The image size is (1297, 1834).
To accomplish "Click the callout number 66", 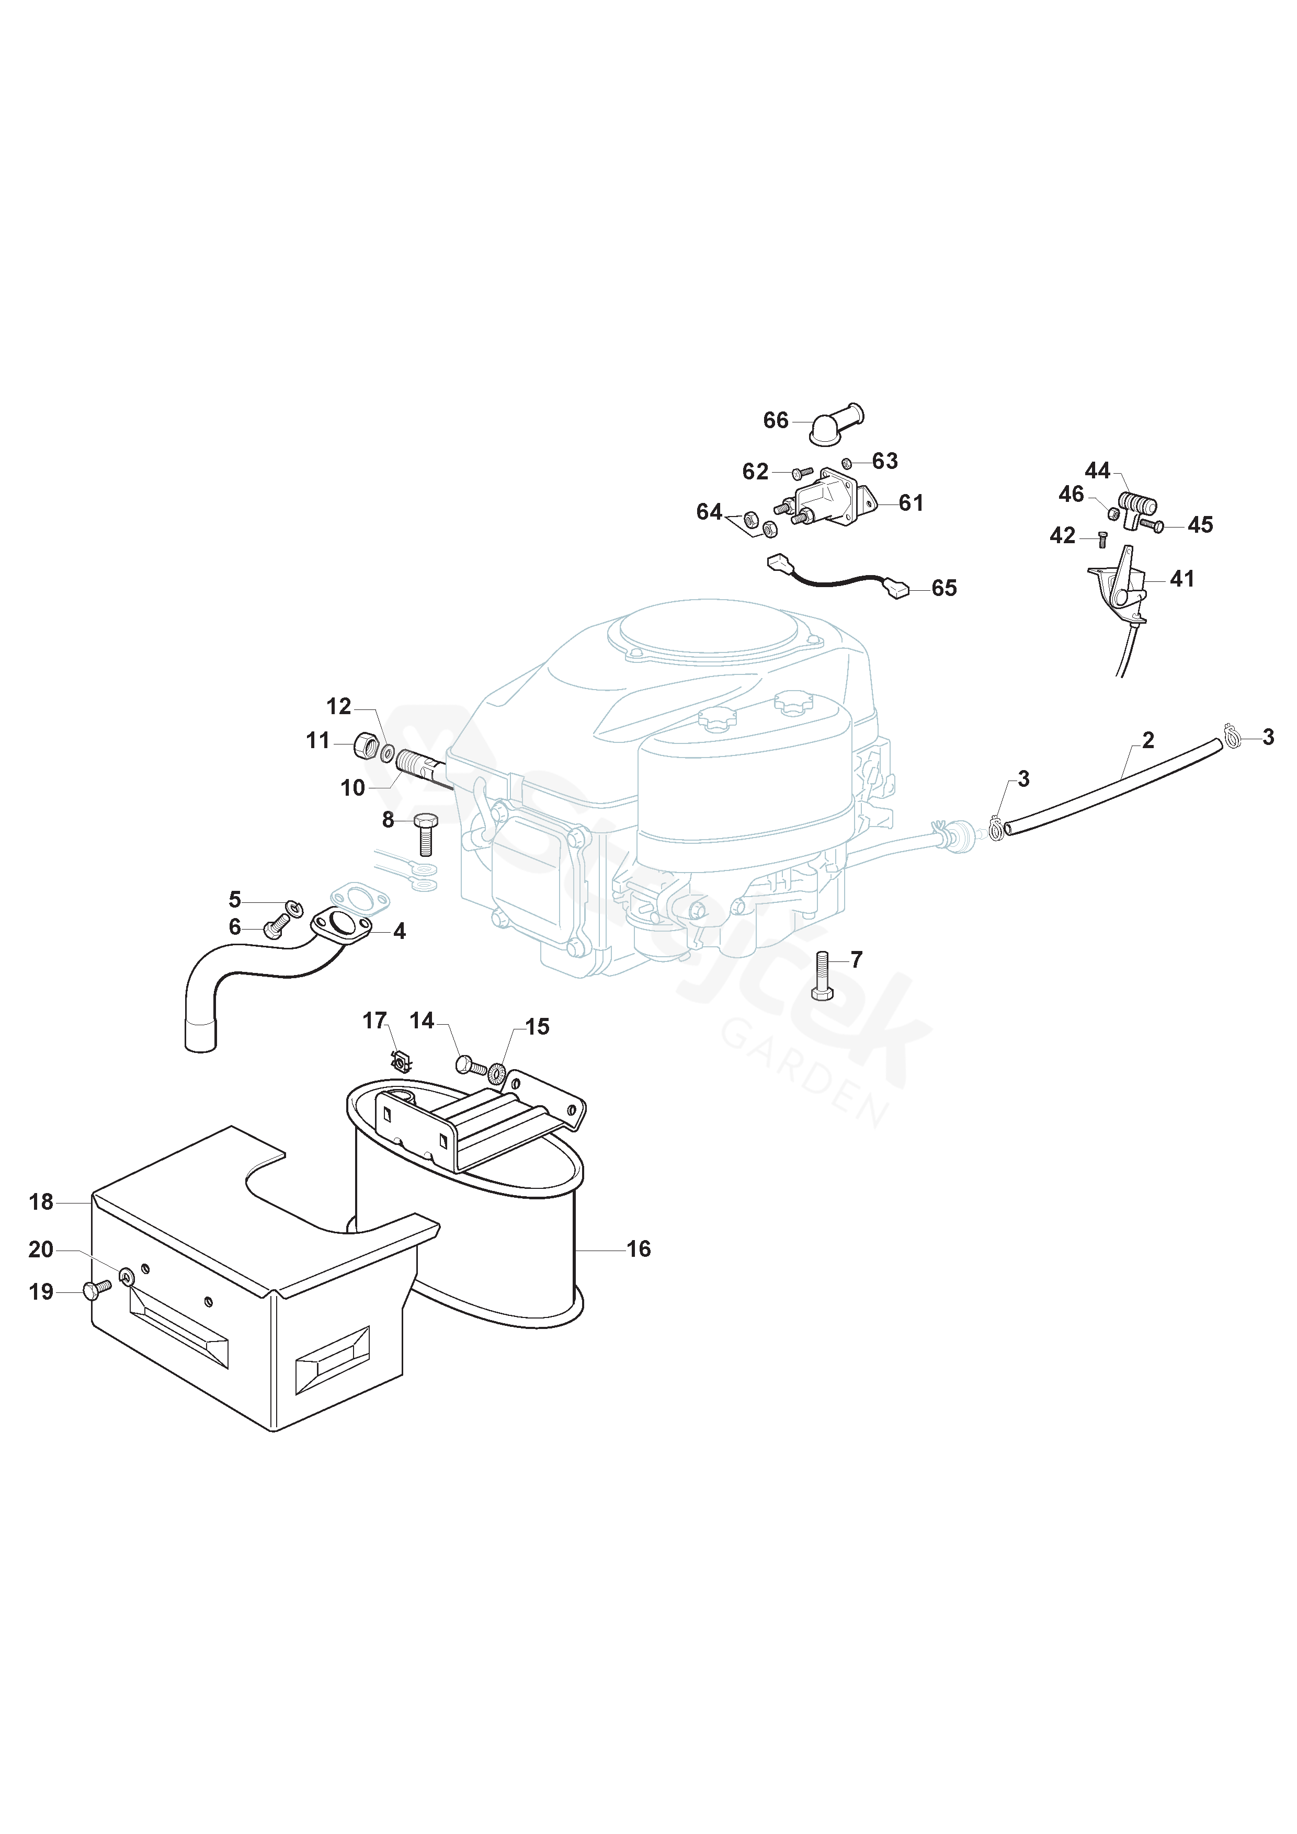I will coord(775,420).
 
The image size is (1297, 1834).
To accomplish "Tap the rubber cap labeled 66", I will coord(834,425).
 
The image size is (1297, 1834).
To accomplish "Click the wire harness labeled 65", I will coord(835,581).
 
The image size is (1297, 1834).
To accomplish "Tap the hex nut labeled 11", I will coord(365,746).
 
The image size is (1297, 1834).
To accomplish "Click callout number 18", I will coord(41,1201).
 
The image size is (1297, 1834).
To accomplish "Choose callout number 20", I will coord(41,1250).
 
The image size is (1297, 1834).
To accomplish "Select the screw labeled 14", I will coord(470,1065).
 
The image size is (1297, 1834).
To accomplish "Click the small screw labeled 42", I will coord(1103,541).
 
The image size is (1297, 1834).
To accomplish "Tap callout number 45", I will coord(1200,525).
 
